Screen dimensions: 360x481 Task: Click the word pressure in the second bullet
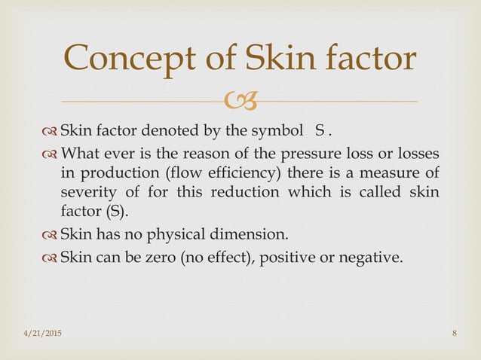[295, 155]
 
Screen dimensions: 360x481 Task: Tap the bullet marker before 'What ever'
[48, 155]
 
